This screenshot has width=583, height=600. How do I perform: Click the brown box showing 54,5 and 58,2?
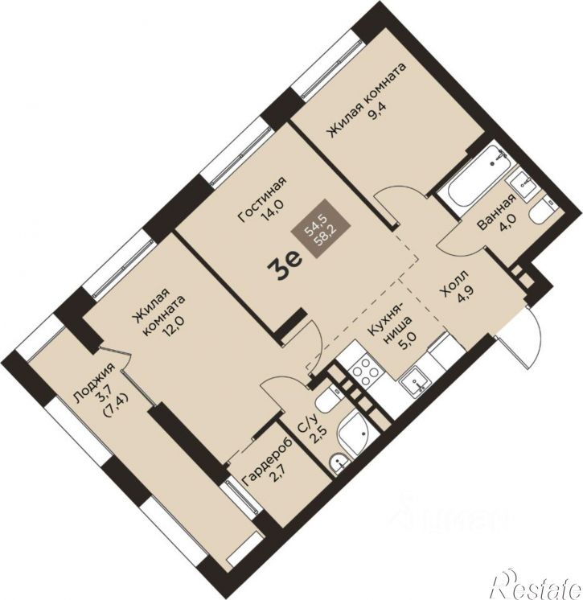pos(321,228)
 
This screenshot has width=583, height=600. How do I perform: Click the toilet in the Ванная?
pos(544,211)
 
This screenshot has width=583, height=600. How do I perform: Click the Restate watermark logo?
pos(537,586)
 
